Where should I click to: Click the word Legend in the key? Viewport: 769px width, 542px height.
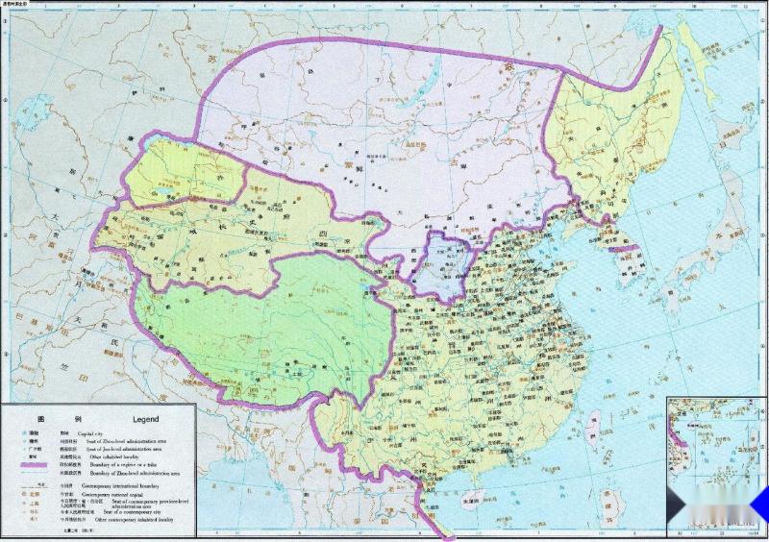pos(145,420)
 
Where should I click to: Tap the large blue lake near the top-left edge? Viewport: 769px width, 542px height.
pos(37,99)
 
